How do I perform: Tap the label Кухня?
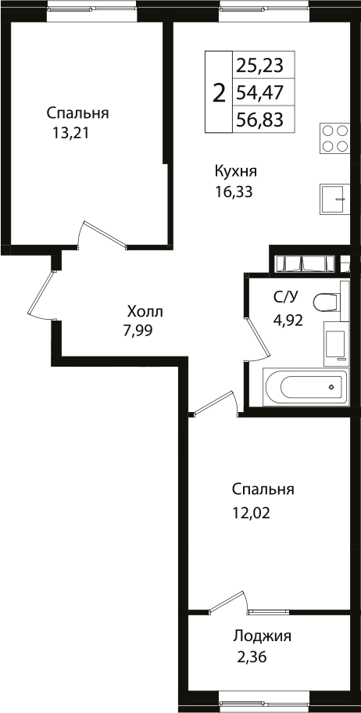point(236,171)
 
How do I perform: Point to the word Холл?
point(146,311)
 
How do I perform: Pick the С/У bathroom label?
point(284,296)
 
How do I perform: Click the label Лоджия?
point(263,636)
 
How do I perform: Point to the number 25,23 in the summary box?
point(259,64)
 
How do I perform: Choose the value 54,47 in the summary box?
point(259,93)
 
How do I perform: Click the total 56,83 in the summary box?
point(259,120)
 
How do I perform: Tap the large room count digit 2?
point(220,93)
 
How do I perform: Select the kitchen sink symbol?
point(335,199)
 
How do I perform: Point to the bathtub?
point(305,386)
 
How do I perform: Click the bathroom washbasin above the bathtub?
point(335,344)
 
